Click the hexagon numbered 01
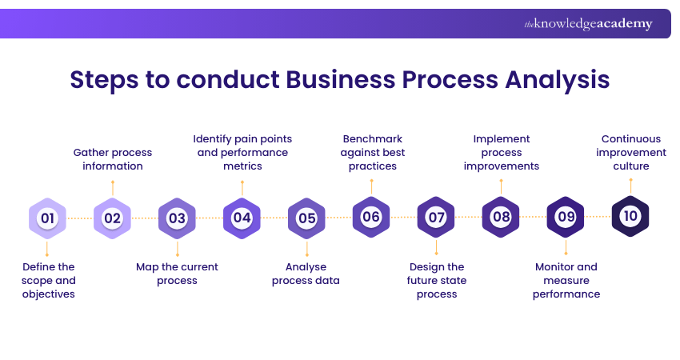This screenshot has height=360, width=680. click(x=47, y=218)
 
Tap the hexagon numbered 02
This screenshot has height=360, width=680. click(x=112, y=218)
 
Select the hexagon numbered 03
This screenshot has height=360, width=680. click(x=177, y=218)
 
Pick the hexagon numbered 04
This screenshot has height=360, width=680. click(x=242, y=218)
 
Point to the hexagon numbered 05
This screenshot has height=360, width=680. click(x=306, y=218)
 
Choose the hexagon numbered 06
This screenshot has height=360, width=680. click(x=371, y=217)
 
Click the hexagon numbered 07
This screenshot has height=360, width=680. click(x=436, y=218)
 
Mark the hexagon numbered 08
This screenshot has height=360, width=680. click(x=501, y=217)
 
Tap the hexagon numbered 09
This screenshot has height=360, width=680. click(x=566, y=217)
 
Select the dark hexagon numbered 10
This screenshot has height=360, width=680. click(x=630, y=216)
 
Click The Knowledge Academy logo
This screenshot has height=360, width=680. click(x=588, y=24)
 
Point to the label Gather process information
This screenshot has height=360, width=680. click(x=113, y=159)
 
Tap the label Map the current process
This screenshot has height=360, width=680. click(x=177, y=274)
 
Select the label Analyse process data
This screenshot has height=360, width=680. click(x=306, y=274)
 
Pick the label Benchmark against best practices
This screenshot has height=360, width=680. click(x=372, y=152)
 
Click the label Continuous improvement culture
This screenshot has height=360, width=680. click(x=631, y=152)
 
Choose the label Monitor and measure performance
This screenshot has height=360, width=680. click(x=567, y=280)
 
